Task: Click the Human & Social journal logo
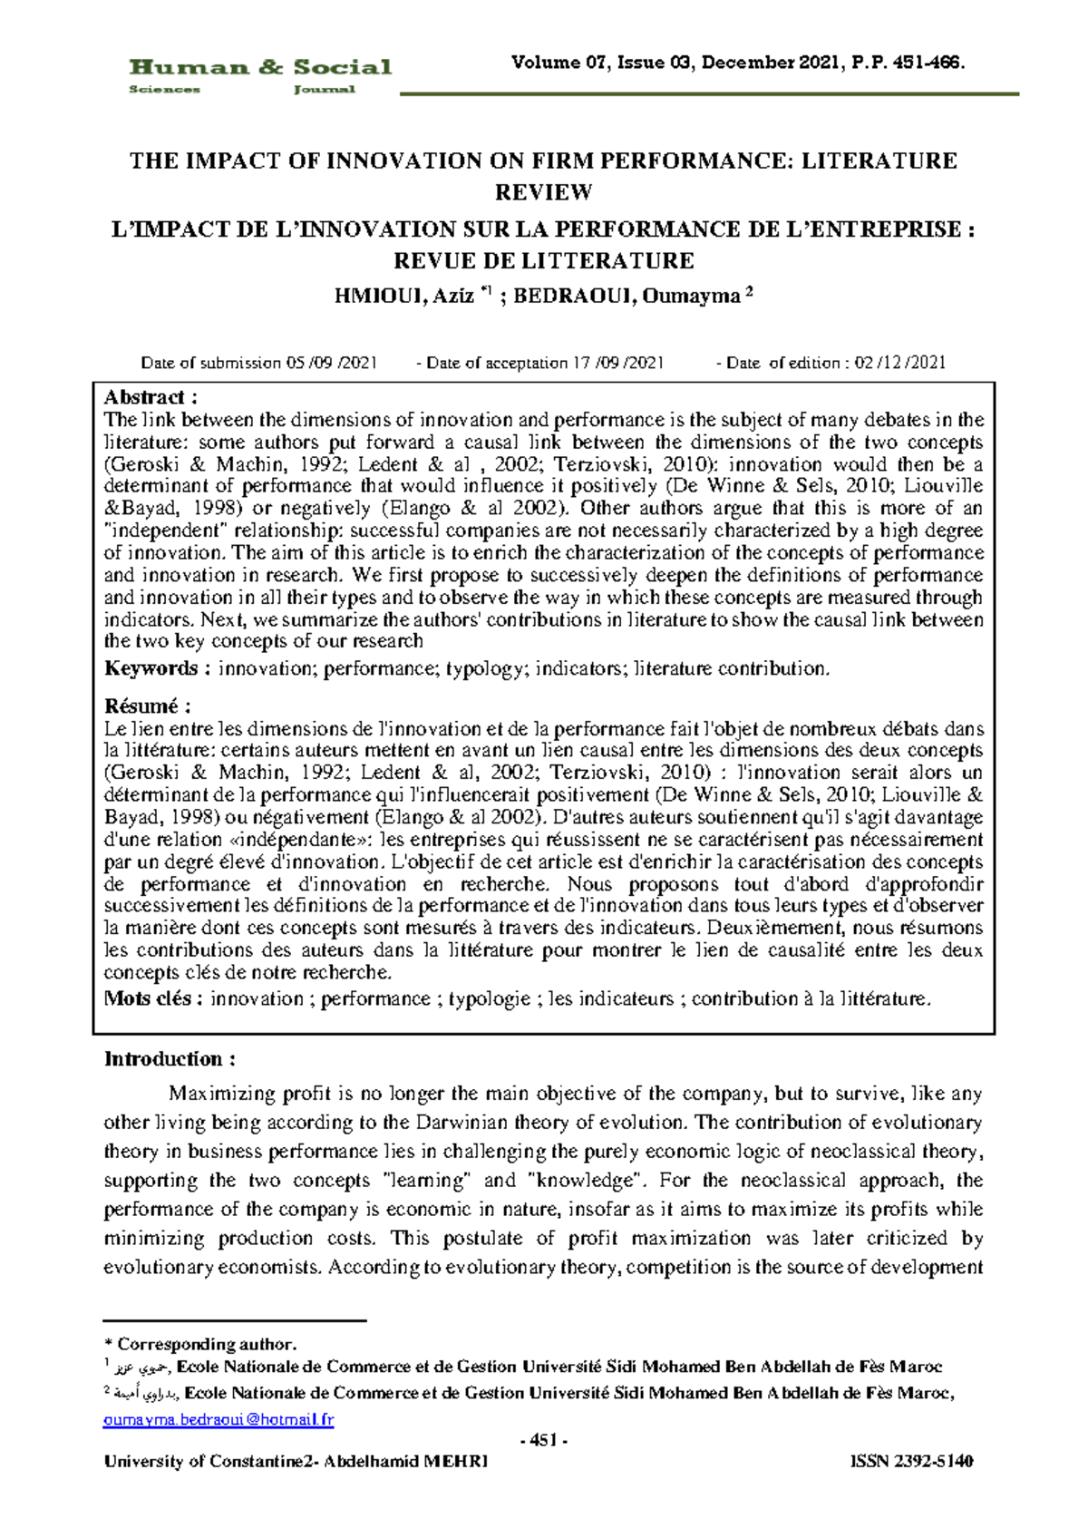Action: point(260,75)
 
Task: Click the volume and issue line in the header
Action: point(738,63)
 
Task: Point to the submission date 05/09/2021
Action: point(332,363)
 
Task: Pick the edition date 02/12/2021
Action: point(899,363)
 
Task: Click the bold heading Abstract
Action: point(151,397)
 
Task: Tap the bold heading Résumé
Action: point(148,706)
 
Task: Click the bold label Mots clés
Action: point(153,998)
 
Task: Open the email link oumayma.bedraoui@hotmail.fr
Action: point(219,1419)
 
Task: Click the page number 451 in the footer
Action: point(543,1441)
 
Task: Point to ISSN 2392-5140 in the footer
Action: point(911,1461)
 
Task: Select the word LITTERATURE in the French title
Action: point(606,261)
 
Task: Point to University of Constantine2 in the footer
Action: point(209,1461)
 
